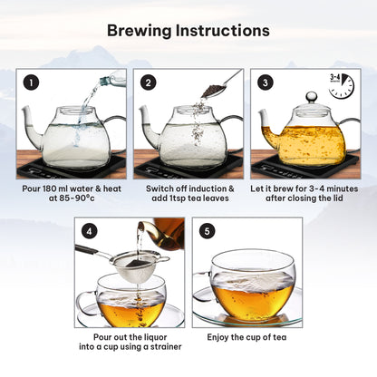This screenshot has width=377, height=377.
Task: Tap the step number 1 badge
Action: click(31, 82)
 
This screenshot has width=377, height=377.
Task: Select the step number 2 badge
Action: click(148, 82)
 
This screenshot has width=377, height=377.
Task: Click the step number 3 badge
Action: click(266, 82)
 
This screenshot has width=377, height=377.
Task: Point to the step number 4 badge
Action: click(90, 231)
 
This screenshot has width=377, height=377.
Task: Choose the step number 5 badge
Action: click(207, 231)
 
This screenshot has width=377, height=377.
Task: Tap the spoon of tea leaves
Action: click(221, 84)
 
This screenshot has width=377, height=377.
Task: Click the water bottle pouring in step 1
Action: click(112, 79)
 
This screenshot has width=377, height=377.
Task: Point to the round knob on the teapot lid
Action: click(312, 97)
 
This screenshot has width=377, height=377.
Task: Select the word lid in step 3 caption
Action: click(337, 198)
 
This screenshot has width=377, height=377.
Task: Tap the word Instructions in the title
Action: click(223, 32)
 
